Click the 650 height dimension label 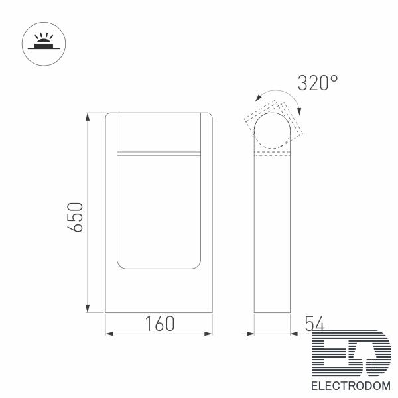point(76,218)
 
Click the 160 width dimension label point(160,324)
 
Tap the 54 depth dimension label point(314,323)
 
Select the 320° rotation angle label point(318,83)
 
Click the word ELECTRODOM point(351,386)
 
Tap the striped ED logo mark point(352,354)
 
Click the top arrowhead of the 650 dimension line point(88,117)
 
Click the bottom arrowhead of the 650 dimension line point(88,308)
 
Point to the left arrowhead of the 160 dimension point(109,334)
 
